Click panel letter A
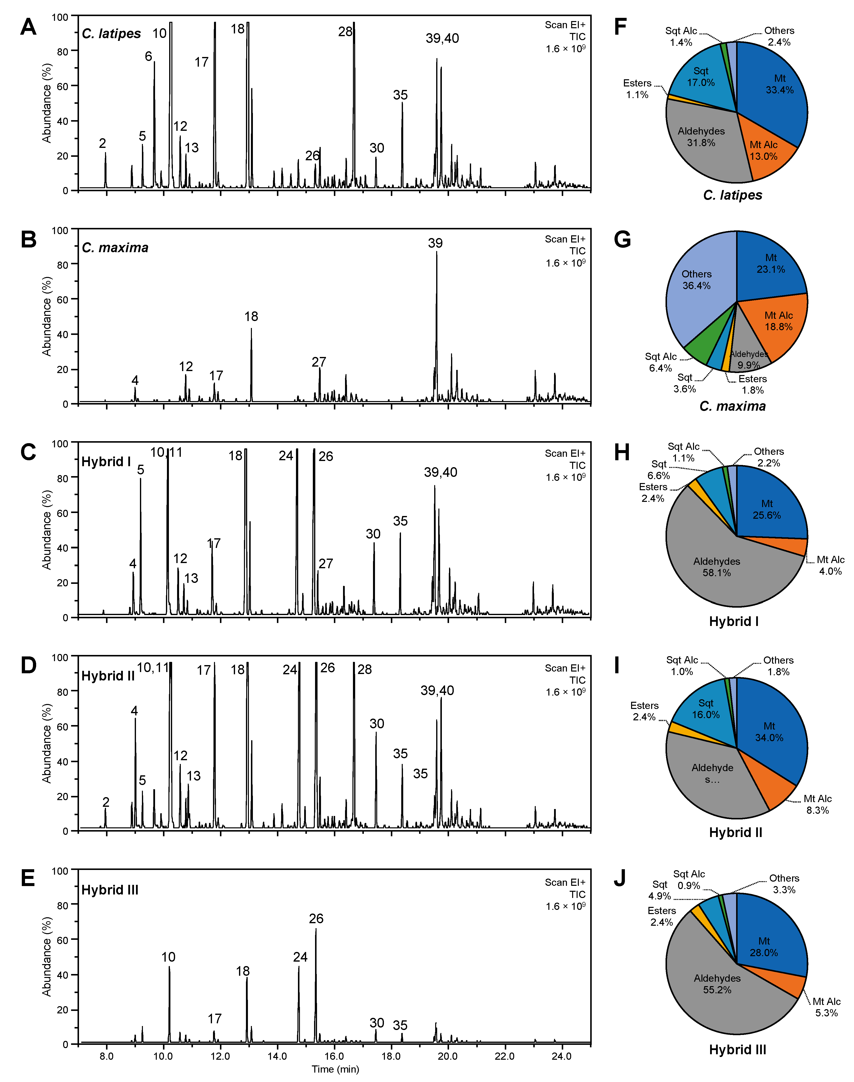pyautogui.click(x=28, y=27)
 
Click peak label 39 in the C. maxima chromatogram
pyautogui.click(x=435, y=243)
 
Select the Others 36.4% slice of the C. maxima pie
pyautogui.click(x=696, y=280)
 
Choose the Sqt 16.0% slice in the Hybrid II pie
pyautogui.click(x=705, y=709)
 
